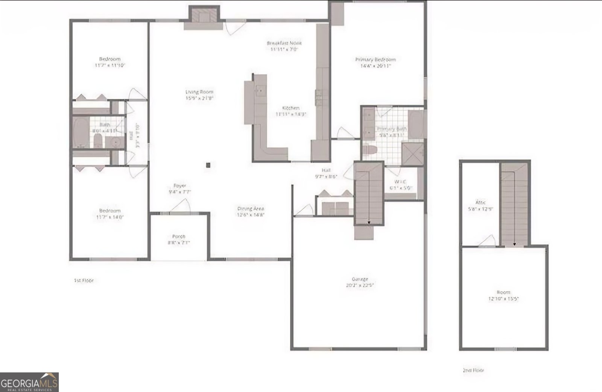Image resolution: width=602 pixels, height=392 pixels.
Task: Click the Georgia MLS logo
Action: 29,382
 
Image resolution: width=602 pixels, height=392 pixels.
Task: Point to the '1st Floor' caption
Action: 84,280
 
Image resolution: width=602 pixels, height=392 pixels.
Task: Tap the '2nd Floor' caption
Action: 473,370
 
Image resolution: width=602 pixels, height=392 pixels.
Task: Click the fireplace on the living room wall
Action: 203,15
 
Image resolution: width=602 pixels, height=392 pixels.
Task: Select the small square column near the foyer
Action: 208,165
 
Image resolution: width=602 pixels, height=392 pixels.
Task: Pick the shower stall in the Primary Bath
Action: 412,153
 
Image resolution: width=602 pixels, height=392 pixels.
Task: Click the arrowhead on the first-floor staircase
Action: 369,223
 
